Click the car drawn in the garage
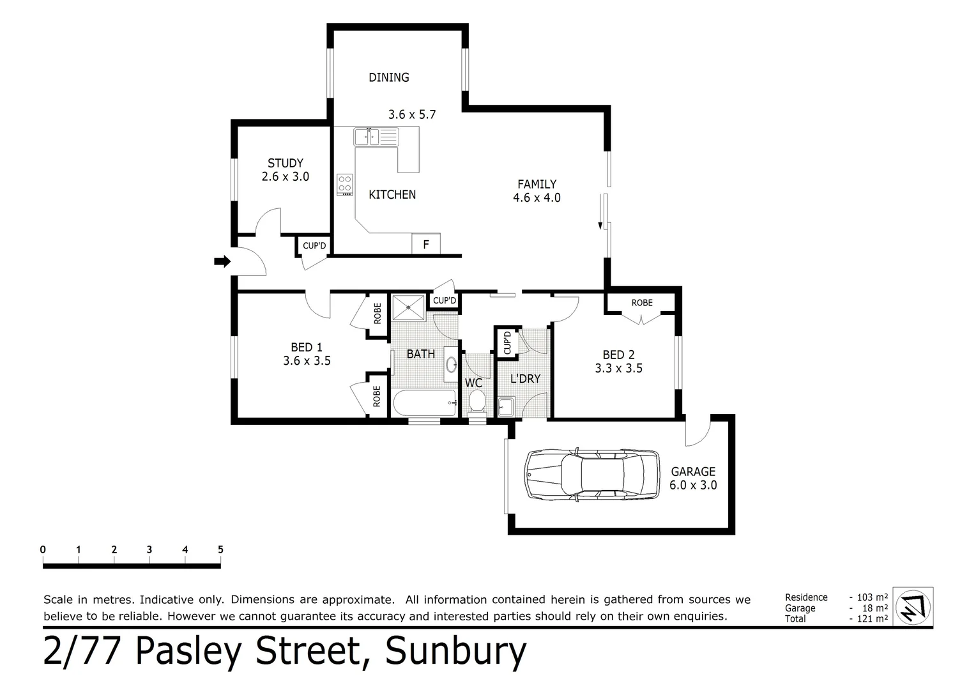(591, 474)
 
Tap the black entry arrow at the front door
(222, 261)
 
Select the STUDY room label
(285, 163)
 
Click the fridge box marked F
(426, 245)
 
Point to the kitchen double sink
(376, 136)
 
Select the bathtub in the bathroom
(424, 403)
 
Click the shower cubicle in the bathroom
(408, 307)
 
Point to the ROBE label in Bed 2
(642, 302)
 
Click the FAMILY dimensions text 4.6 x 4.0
(537, 198)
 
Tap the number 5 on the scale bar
(220, 549)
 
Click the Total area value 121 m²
(872, 618)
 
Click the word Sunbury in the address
(456, 652)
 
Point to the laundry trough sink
(507, 406)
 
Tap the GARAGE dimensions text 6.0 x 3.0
(693, 485)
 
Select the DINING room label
(388, 77)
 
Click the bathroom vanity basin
(451, 365)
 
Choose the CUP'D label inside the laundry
(507, 342)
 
